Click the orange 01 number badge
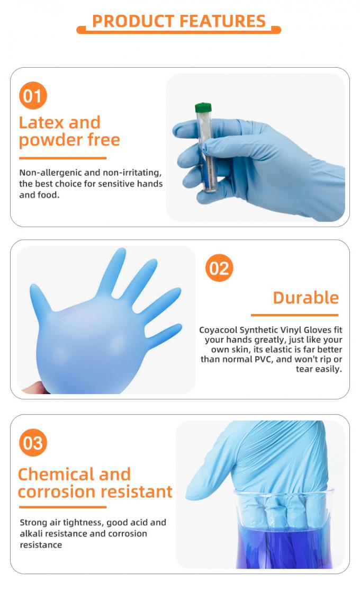tap(33, 96)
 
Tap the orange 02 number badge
tap(219, 269)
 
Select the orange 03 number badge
tap(33, 443)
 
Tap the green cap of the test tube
tap(203, 108)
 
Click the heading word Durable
tap(305, 298)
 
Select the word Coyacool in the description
tap(218, 329)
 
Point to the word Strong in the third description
tap(33, 522)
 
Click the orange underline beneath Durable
tap(294, 315)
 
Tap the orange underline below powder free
tap(62, 158)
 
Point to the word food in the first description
tap(49, 195)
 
